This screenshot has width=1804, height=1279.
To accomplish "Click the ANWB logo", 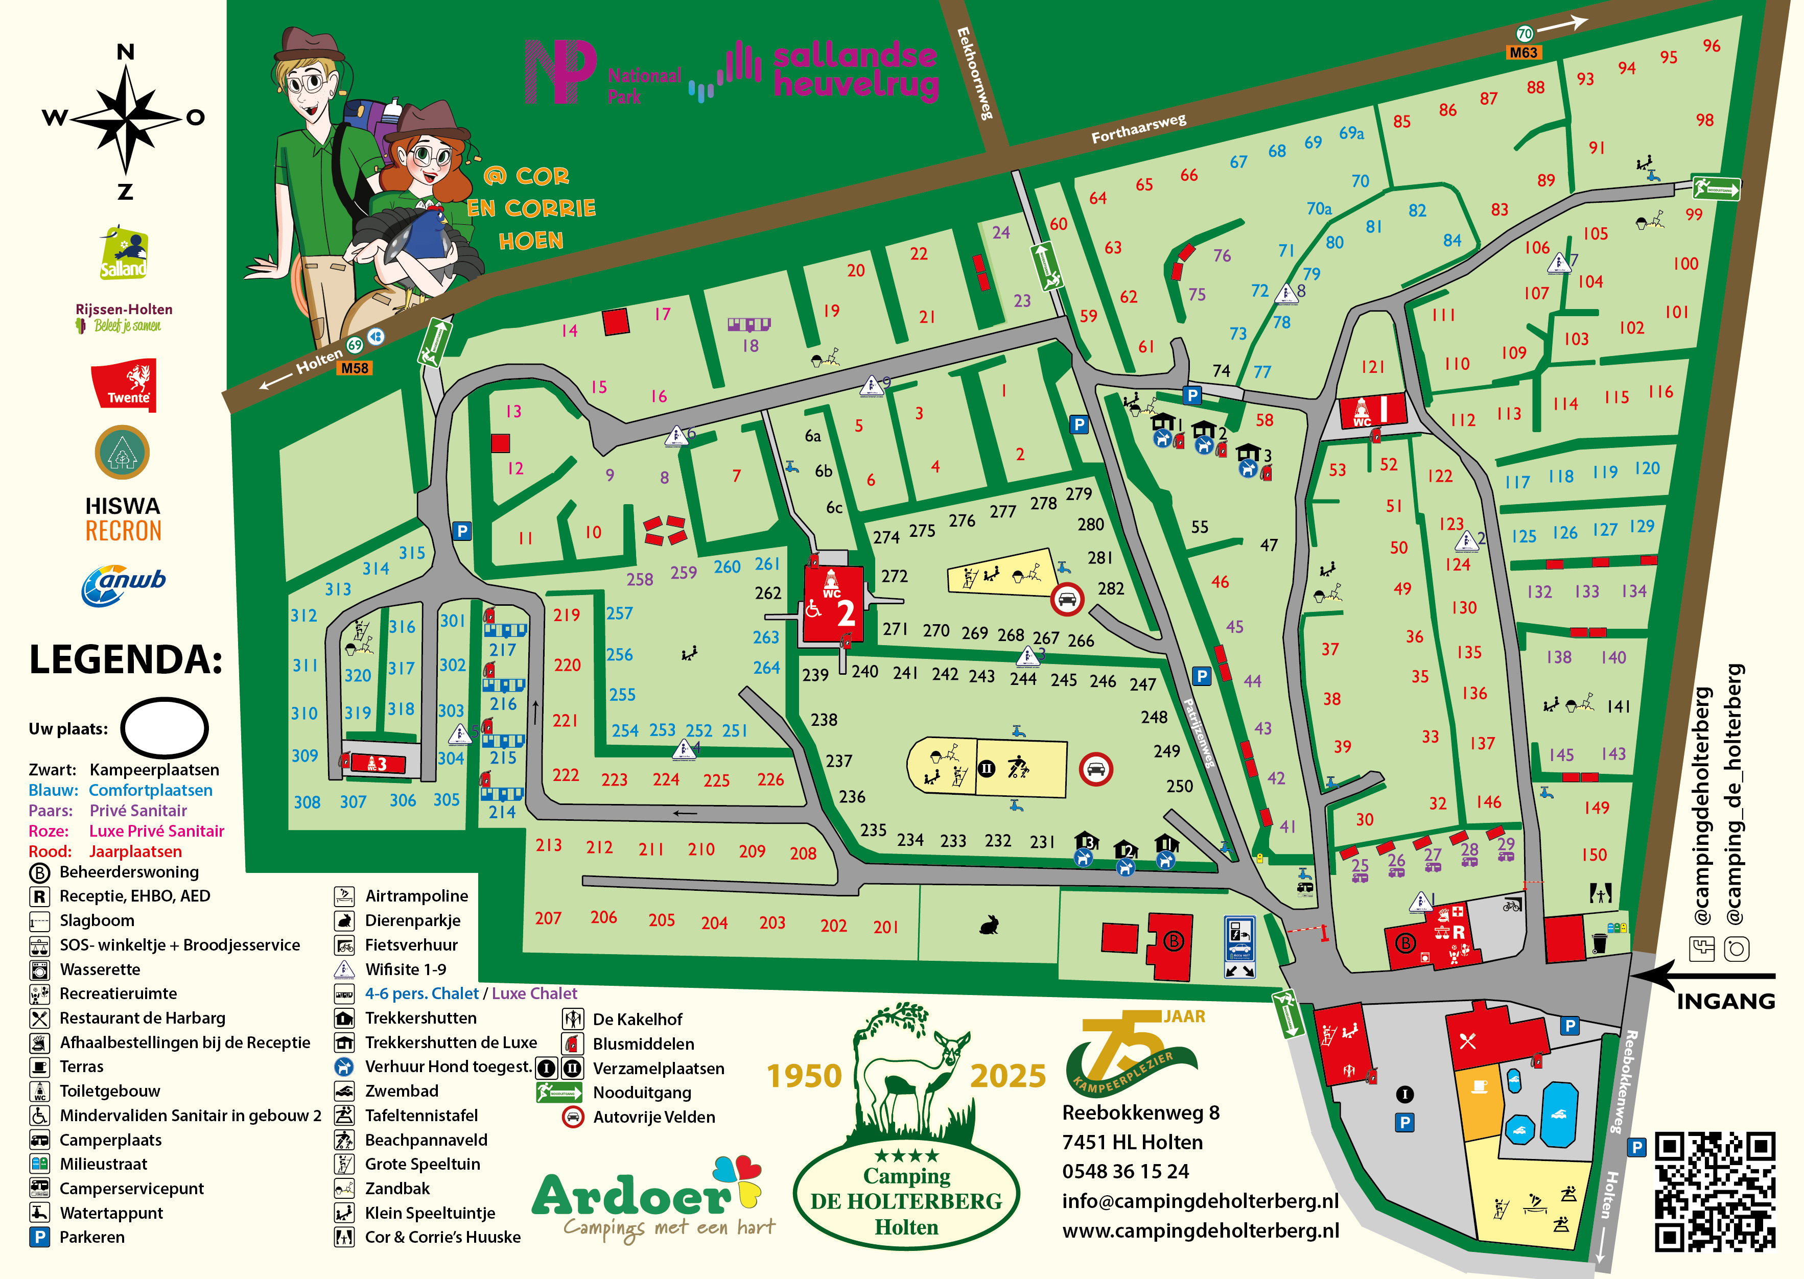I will coord(123,584).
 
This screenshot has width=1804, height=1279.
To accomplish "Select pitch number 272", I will coord(894,577).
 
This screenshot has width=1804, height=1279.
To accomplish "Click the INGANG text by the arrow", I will coord(1725,1002).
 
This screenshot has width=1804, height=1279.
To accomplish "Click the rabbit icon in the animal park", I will coord(989,924).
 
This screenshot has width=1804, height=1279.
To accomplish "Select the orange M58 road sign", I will coord(355,368).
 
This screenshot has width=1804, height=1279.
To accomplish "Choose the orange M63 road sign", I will coord(1523,53).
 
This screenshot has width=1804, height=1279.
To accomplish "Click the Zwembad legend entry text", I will coord(402,1091).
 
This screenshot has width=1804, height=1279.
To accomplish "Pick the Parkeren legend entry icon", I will coord(39,1237).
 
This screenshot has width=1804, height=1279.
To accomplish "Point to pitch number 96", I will coord(1711,45).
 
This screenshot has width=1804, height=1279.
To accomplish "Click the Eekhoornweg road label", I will coord(974,73).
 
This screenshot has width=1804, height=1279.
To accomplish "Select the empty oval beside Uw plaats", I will coord(165,727).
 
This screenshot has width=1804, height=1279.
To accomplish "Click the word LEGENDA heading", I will coord(126,660).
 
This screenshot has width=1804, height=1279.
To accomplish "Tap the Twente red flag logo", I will coord(125,384).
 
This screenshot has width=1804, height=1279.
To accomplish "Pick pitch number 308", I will coord(307,802).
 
